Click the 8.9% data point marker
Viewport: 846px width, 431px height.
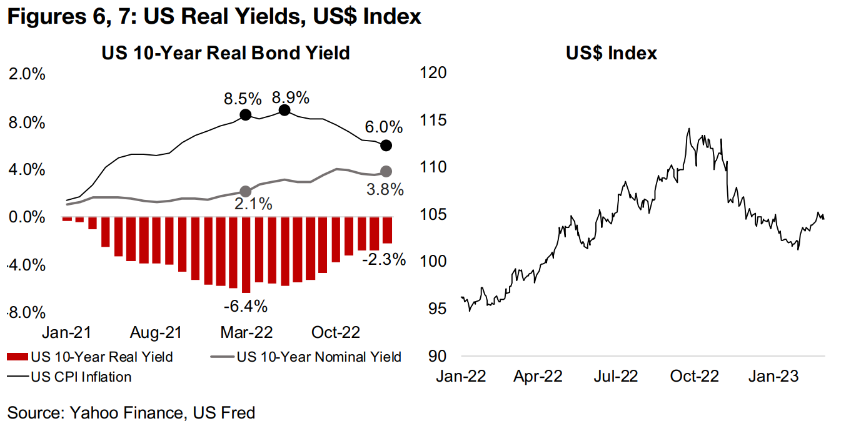285,110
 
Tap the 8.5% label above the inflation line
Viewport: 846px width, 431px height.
243,99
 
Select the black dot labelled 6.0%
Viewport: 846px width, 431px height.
386,146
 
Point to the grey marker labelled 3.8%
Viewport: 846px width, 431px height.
386,171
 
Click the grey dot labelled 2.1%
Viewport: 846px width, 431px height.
245,191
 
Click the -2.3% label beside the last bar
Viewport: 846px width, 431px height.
384,259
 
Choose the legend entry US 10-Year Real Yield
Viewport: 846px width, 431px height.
91,357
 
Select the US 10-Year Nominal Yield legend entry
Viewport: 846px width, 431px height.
310,357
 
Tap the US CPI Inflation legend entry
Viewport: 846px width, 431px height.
72,377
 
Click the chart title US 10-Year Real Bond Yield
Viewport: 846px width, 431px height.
226,53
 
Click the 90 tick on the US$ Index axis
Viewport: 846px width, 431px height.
439,356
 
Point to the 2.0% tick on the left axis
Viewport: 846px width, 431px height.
26,74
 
